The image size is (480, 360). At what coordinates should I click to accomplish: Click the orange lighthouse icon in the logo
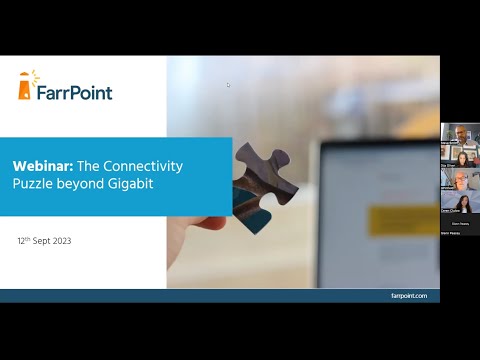tap(27, 87)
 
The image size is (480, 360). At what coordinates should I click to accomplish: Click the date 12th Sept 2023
tap(44, 241)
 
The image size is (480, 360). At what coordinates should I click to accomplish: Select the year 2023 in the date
tap(60, 241)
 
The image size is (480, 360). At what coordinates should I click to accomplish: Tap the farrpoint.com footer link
tap(409, 296)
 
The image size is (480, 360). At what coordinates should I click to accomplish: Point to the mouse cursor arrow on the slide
tap(228, 84)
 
